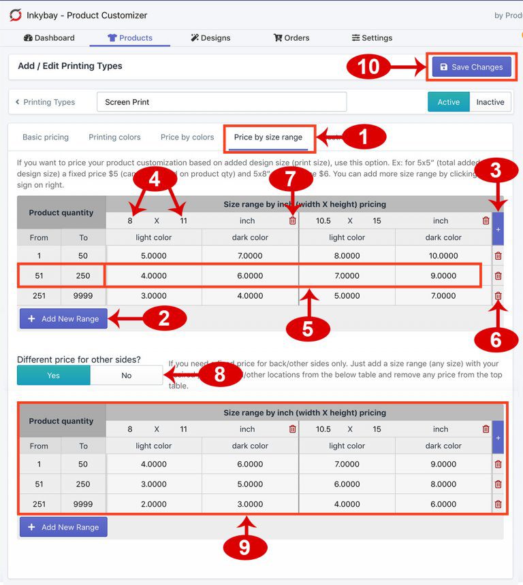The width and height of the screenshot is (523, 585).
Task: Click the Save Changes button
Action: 471,67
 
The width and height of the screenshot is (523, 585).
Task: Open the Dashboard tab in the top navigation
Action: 49,38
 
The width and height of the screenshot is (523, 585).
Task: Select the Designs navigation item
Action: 210,38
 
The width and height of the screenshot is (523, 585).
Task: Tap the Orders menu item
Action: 291,38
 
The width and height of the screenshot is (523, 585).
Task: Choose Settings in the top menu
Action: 372,38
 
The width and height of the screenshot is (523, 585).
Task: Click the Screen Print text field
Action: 221,102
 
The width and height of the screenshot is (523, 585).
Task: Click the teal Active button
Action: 448,102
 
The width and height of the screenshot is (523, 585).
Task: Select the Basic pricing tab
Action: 46,137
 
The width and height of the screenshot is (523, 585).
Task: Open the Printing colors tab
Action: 114,137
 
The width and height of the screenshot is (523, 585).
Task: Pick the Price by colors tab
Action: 187,137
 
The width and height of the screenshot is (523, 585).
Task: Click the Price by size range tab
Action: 268,137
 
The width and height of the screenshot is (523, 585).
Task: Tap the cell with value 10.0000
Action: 443,256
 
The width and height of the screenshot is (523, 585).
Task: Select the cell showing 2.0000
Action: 154,504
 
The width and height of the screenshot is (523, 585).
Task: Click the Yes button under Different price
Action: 54,375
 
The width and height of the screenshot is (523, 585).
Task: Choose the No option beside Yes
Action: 127,375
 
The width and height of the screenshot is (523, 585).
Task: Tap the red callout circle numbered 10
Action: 369,67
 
